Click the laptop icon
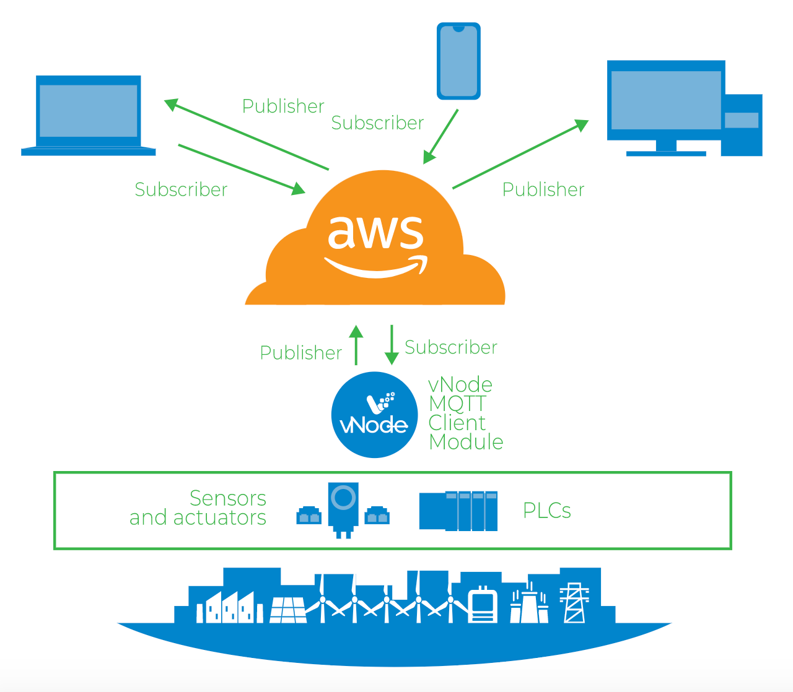pos(89,115)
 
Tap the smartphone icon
pos(458,61)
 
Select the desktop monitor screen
pos(666,100)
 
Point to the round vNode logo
pos(374,415)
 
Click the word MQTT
pos(457,404)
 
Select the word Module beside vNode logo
pos(466,442)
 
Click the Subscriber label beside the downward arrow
pos(450,347)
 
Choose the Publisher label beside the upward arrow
pos(300,353)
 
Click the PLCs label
pos(546,511)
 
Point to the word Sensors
pos(227,498)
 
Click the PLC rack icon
pos(458,511)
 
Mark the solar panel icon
pos(288,610)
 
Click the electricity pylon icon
pos(574,603)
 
